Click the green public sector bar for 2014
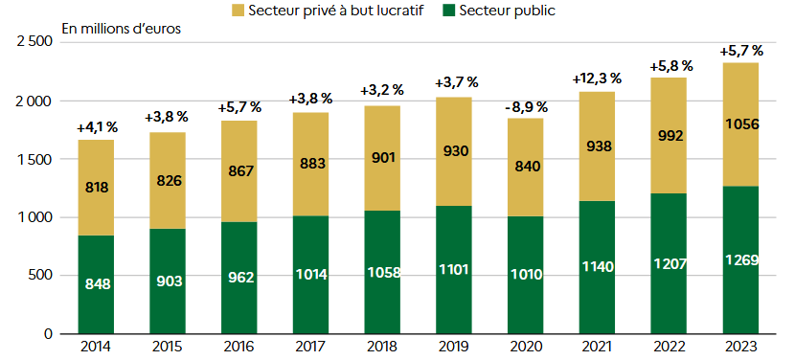click(96, 284)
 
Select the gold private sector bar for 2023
click(740, 124)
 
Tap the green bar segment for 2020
click(526, 276)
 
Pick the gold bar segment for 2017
click(310, 165)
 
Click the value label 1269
click(740, 260)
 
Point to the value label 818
click(97, 188)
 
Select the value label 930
click(454, 151)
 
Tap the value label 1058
click(382, 272)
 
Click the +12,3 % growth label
click(597, 79)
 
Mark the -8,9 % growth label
click(526, 107)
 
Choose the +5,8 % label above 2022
click(670, 66)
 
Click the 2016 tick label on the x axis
click(239, 348)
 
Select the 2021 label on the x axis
click(598, 348)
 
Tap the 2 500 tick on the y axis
click(35, 41)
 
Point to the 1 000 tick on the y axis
click(36, 217)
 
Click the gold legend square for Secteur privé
click(238, 11)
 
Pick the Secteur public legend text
click(508, 11)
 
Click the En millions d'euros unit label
click(121, 28)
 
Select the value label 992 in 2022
click(670, 136)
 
